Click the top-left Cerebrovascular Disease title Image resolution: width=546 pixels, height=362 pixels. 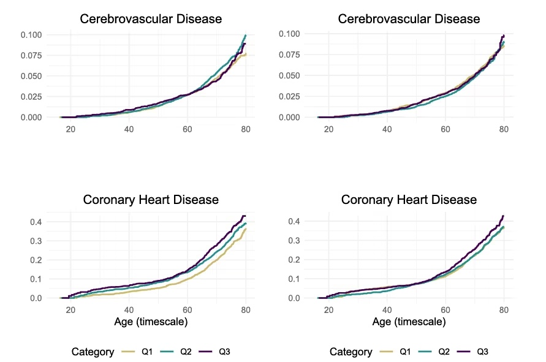(151, 19)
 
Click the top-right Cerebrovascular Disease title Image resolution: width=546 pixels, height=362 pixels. (409, 19)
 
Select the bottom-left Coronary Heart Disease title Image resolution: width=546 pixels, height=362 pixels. (151, 200)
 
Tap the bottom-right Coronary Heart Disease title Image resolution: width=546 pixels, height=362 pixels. (409, 200)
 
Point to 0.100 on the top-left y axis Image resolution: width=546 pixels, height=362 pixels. (31, 35)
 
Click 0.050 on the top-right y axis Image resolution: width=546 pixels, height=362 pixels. (289, 75)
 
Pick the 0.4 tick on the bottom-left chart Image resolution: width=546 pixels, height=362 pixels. (36, 222)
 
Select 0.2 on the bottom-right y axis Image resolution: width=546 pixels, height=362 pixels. (294, 260)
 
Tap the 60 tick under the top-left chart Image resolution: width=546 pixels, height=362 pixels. (188, 129)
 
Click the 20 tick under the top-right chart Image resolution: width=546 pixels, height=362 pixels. (328, 129)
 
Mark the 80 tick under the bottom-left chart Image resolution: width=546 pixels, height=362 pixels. (246, 310)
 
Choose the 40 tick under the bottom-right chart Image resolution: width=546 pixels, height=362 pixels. (387, 310)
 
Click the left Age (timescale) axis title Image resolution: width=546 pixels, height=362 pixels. (151, 322)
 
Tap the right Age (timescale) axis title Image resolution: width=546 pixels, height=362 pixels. (409, 322)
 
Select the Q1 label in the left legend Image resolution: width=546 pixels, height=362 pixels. (147, 352)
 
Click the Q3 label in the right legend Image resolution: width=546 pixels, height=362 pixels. (483, 352)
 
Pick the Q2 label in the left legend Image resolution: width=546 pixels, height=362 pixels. (186, 352)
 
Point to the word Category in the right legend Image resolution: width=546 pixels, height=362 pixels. (351, 352)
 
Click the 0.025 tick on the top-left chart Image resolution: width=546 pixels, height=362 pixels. (31, 97)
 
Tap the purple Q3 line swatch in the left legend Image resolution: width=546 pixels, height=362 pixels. (205, 352)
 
